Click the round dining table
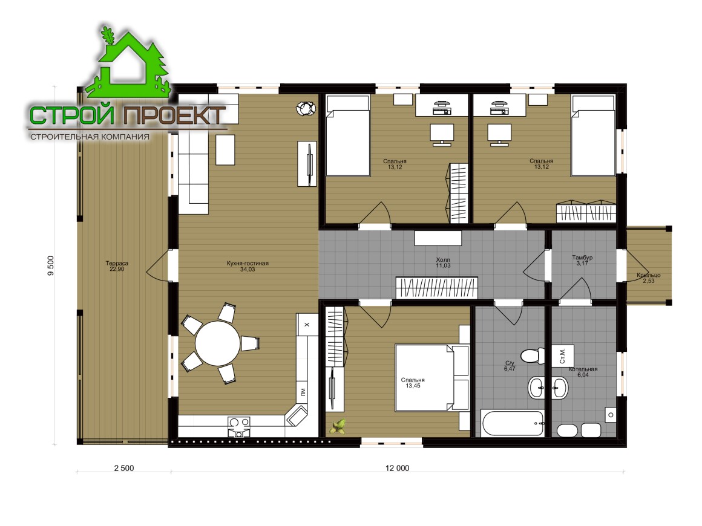(x=218, y=343)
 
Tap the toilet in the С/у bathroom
(x=534, y=356)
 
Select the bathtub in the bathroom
(x=513, y=423)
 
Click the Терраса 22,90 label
(x=117, y=266)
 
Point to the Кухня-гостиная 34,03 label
(x=248, y=266)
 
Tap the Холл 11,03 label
(x=443, y=262)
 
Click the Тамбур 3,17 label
(x=582, y=261)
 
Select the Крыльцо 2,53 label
(x=649, y=278)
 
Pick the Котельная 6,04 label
(x=583, y=372)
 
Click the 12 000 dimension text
(x=397, y=468)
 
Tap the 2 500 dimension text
(x=124, y=468)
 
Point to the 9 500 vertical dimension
(x=51, y=265)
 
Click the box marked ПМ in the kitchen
(x=303, y=392)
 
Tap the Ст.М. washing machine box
(x=562, y=356)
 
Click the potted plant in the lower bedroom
(x=338, y=426)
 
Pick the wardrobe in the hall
(x=436, y=288)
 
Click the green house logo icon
(x=128, y=63)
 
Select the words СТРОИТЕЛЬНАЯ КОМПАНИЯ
(x=90, y=137)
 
